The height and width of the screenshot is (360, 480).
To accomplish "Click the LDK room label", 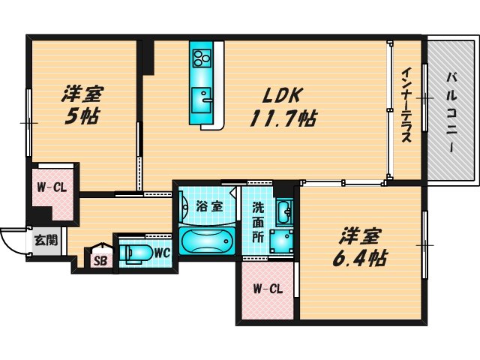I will pyautogui.click(x=281, y=96).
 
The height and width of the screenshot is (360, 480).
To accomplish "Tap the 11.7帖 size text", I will pyautogui.click(x=282, y=118).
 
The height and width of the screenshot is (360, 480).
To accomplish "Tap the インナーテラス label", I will pyautogui.click(x=406, y=106).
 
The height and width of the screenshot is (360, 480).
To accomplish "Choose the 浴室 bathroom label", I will pyautogui.click(x=209, y=206).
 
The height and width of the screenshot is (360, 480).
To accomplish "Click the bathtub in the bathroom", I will pyautogui.click(x=208, y=241).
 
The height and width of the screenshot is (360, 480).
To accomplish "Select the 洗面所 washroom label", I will pyautogui.click(x=257, y=221).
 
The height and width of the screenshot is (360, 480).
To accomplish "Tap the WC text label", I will pyautogui.click(x=161, y=253).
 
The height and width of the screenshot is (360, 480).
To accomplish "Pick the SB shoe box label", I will pyautogui.click(x=100, y=261).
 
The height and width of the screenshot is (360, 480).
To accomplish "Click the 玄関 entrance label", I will pyautogui.click(x=44, y=241).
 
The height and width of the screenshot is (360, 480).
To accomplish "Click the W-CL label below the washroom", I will pyautogui.click(x=267, y=289).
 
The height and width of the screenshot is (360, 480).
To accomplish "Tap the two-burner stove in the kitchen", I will pyautogui.click(x=202, y=57).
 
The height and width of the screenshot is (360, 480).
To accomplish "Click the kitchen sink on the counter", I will pyautogui.click(x=201, y=98).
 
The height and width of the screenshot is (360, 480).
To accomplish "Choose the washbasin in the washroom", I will pyautogui.click(x=283, y=211).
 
